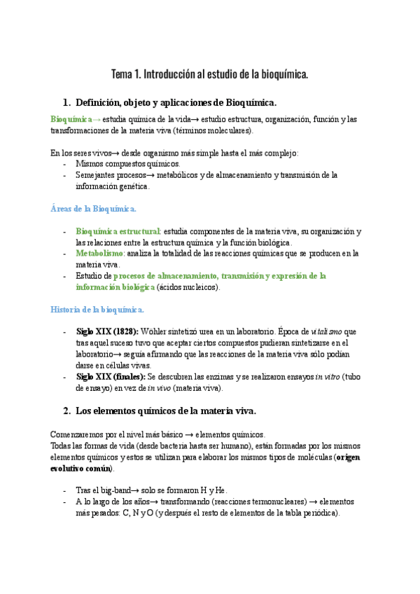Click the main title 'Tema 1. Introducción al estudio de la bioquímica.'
(x=210, y=74)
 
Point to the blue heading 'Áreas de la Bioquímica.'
(x=94, y=208)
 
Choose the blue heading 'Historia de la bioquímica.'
(x=97, y=309)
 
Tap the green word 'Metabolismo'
(x=99, y=254)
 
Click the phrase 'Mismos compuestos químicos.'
(x=127, y=164)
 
